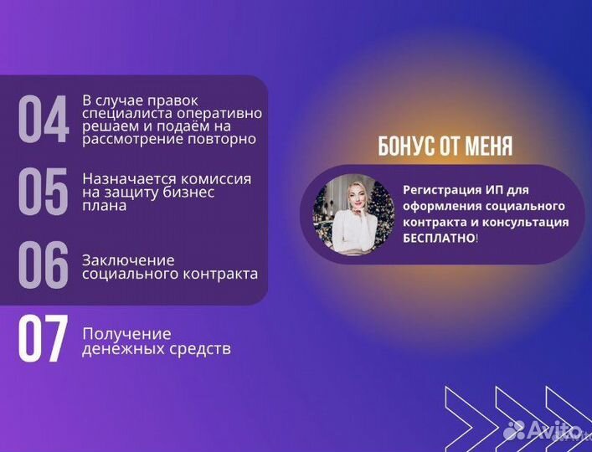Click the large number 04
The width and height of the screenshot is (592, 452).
point(43,120)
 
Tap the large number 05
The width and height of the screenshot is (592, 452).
point(43,192)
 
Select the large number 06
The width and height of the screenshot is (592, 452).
point(43,265)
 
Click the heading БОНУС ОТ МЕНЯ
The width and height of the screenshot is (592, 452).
point(445,147)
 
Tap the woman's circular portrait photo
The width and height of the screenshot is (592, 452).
point(353,214)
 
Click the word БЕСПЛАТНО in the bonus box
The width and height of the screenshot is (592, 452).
point(438,239)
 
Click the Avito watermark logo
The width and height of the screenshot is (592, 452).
point(543,431)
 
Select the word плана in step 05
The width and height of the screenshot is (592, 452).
point(105,206)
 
